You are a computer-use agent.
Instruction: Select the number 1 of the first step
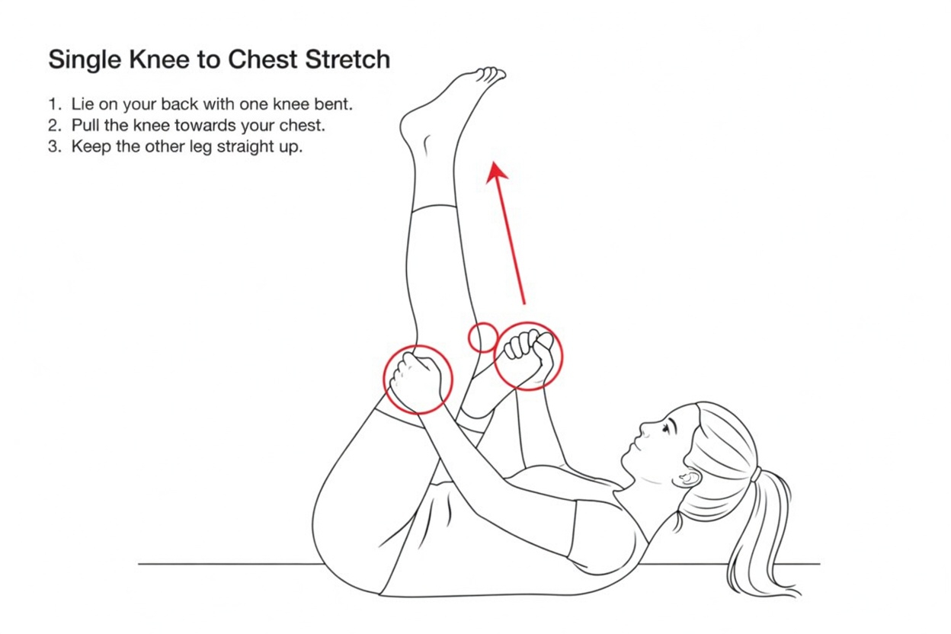tap(53, 104)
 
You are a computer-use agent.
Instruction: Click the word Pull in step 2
tap(85, 125)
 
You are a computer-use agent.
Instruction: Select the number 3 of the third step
tap(53, 146)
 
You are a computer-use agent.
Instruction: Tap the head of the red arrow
tap(497, 171)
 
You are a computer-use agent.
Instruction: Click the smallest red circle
tap(482, 337)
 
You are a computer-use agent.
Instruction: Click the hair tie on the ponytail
tap(754, 474)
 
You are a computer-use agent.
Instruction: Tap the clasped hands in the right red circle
tap(528, 354)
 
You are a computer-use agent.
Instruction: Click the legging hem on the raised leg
tap(435, 208)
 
